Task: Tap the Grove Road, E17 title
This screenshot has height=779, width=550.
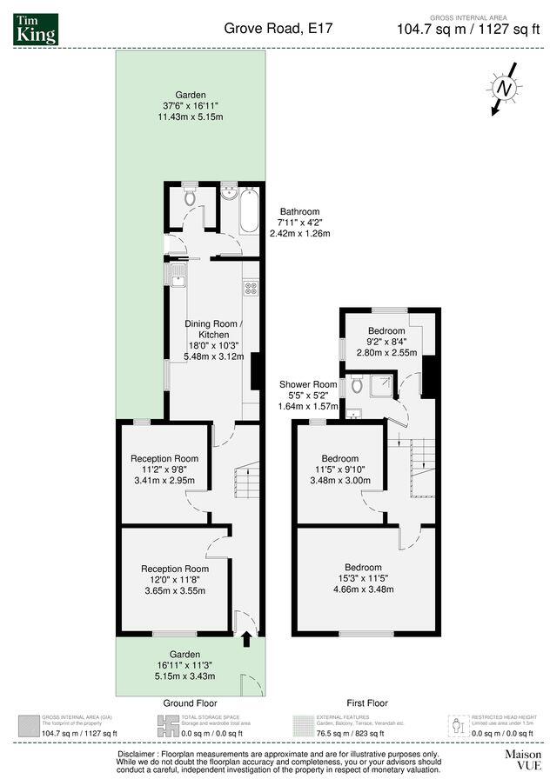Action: point(278,29)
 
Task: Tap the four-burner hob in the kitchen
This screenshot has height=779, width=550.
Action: point(251,288)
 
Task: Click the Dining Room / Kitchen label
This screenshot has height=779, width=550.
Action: point(208,329)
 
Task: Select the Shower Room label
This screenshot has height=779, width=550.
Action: point(308,384)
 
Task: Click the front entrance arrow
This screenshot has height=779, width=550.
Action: point(246,641)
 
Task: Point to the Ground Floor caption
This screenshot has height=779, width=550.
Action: point(190,702)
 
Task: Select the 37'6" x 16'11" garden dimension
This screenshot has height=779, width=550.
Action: point(190,106)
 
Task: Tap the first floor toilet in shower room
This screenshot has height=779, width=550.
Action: point(356,385)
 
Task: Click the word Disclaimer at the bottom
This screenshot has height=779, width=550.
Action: point(137,753)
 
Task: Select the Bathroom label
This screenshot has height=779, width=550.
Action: point(298,211)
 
